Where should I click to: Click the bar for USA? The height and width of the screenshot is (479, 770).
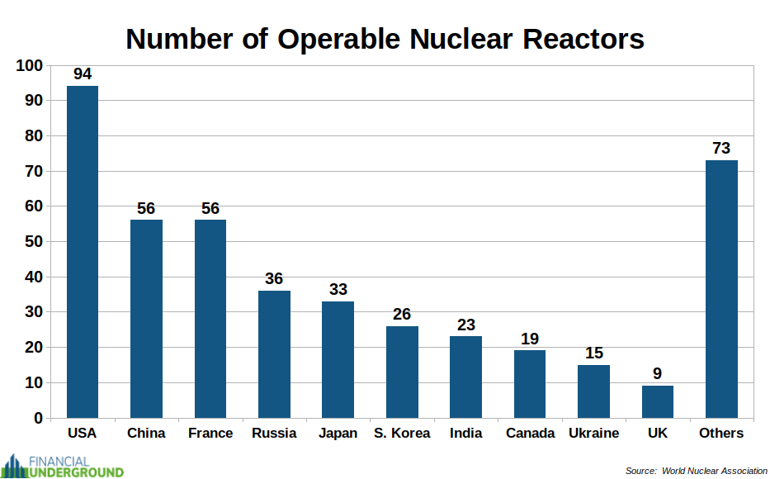[83, 252]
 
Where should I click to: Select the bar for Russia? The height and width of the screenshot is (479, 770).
[274, 354]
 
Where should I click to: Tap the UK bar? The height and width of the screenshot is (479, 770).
[658, 401]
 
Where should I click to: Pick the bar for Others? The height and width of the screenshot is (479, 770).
[721, 289]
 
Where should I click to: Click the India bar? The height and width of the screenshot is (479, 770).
[465, 377]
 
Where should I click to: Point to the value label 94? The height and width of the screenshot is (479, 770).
[83, 74]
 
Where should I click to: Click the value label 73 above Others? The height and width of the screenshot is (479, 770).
[721, 149]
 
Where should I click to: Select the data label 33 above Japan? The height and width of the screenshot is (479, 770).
[338, 290]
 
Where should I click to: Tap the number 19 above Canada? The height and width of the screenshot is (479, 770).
[530, 339]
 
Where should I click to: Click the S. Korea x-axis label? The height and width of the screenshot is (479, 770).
[402, 434]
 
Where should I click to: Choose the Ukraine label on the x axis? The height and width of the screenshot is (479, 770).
[593, 434]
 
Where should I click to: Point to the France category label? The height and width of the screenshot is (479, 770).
[210, 434]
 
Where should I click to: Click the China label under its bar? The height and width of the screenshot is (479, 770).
[146, 434]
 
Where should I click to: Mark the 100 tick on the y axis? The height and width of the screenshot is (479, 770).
[29, 65]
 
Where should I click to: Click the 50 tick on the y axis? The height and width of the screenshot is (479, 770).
[33, 242]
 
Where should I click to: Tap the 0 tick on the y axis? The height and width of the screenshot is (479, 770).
[37, 419]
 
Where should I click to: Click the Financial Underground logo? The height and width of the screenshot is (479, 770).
[63, 465]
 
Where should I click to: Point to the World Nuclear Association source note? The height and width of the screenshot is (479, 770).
[696, 471]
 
